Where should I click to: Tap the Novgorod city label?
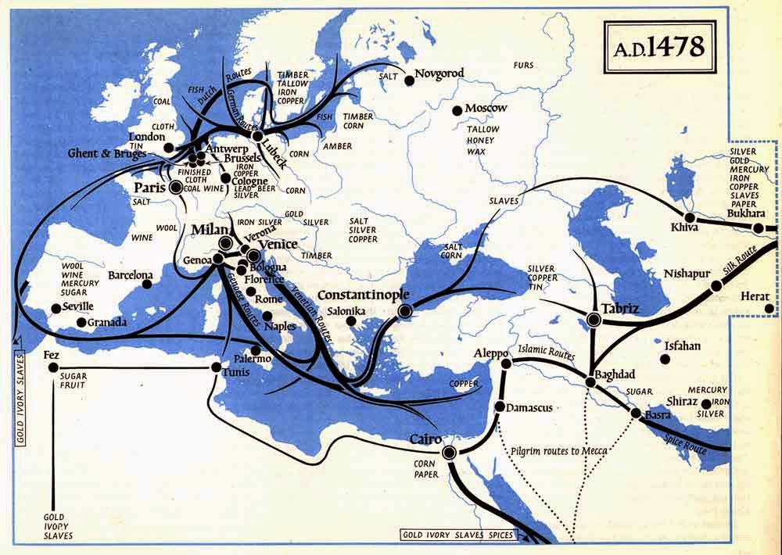click(x=439, y=73)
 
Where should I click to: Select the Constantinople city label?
click(x=360, y=298)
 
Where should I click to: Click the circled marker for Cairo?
click(x=449, y=453)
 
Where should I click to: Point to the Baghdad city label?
click(x=614, y=374)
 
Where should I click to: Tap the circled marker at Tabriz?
click(x=594, y=318)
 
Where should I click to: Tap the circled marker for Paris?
click(x=176, y=188)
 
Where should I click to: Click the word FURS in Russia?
click(x=523, y=66)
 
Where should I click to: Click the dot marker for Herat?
click(x=771, y=309)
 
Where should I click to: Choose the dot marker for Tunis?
click(x=216, y=367)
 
